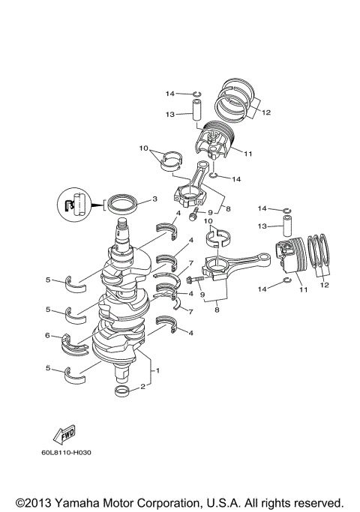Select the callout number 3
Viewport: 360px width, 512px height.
tap(154, 199)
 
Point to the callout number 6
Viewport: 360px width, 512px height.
tap(47, 336)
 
